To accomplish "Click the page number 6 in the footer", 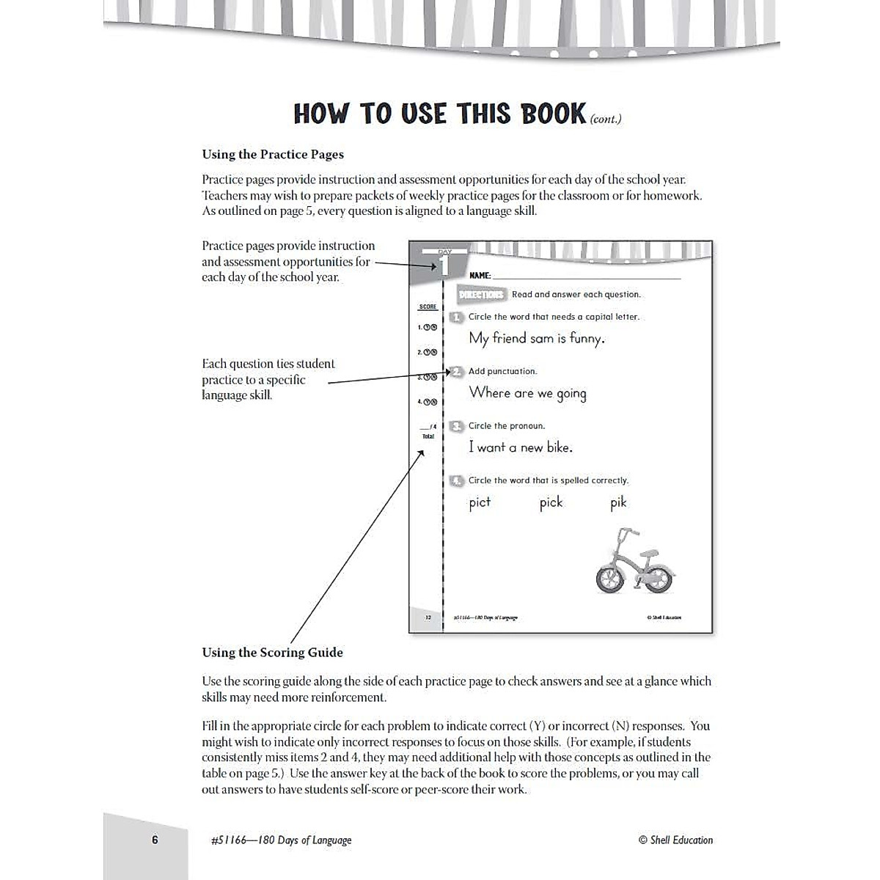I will coord(155,840).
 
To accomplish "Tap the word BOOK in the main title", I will coord(553,114).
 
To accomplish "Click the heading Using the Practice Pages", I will coord(273,155).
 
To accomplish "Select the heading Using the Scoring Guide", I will coord(272,653).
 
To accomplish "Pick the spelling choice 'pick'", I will coord(551,503).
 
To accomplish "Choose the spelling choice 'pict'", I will coord(480,503).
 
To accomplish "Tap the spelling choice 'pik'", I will coord(618,503).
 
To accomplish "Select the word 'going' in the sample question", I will coord(571,394).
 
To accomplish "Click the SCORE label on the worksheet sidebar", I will coord(428,307).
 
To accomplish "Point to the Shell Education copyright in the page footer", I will coord(675,840).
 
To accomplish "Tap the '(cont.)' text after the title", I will coord(606,119).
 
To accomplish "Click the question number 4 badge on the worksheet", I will coord(457,481).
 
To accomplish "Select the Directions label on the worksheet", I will coord(481,295).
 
